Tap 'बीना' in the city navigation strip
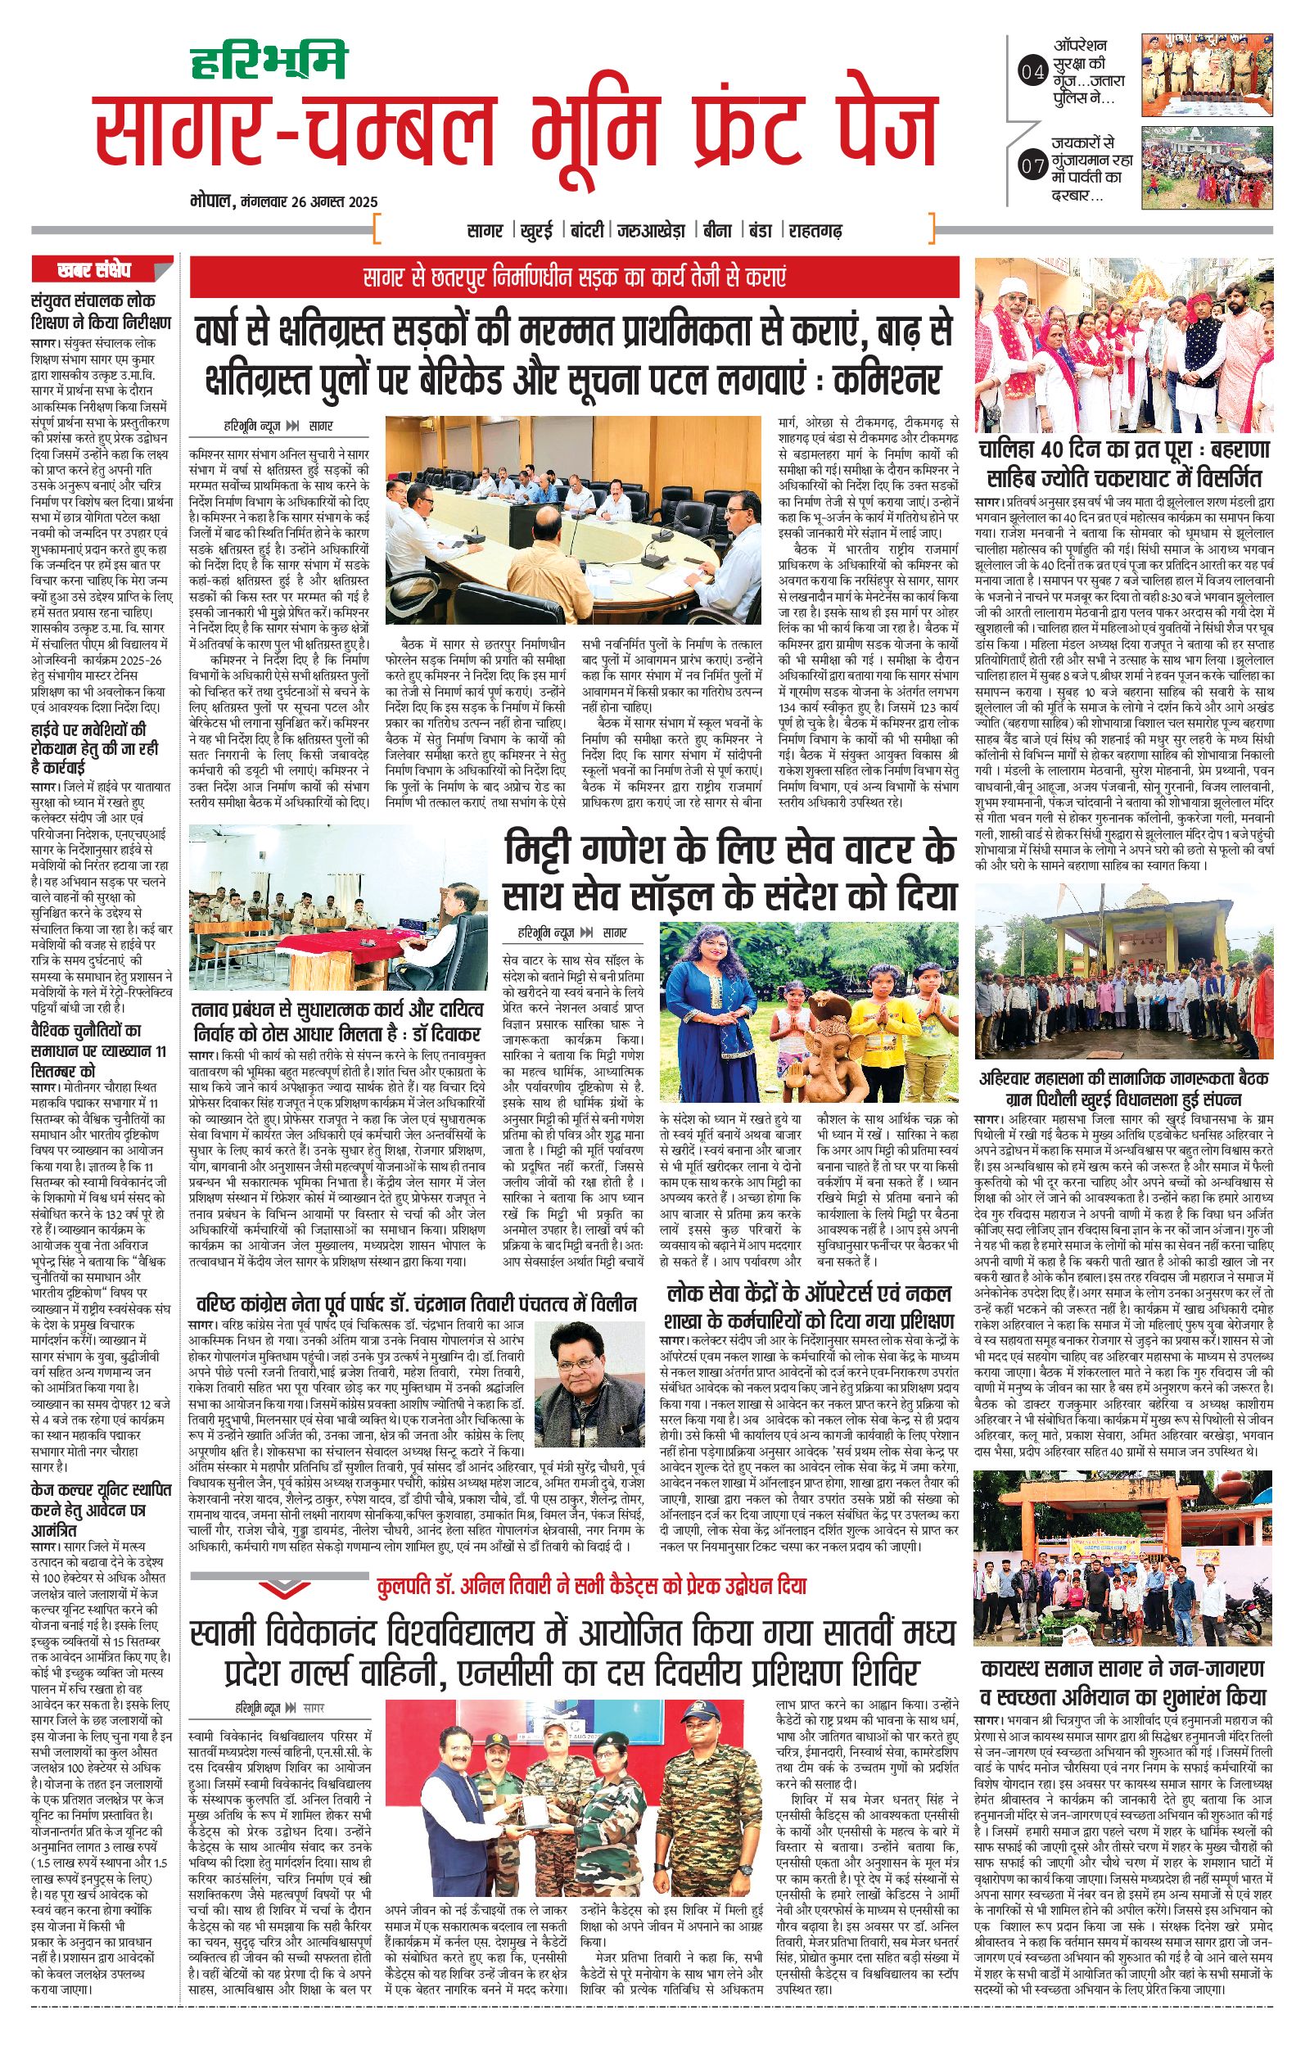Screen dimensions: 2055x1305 pos(711,229)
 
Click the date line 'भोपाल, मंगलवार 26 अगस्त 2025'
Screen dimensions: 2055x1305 pos(283,203)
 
